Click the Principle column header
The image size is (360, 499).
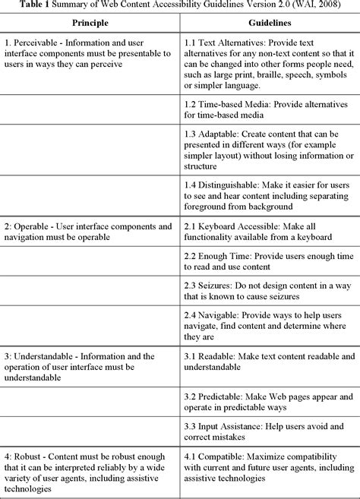(90, 24)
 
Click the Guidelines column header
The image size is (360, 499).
(269, 24)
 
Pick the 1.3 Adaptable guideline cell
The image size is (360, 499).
(269, 150)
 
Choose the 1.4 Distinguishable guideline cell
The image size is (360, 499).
(269, 195)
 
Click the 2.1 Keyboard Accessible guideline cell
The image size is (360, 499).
(269, 231)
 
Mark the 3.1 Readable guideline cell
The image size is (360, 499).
(269, 368)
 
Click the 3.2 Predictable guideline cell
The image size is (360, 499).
(269, 403)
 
